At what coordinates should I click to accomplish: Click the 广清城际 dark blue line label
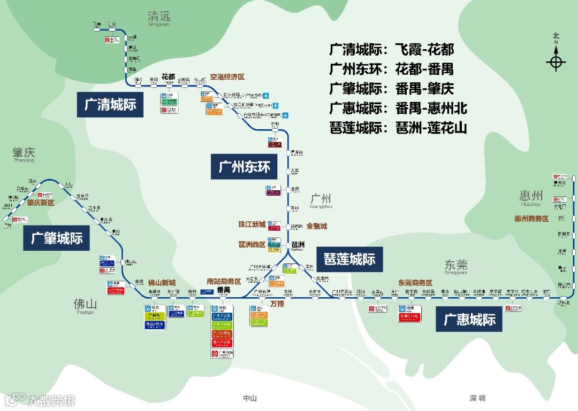[110, 104]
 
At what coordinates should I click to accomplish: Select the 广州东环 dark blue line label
[244, 167]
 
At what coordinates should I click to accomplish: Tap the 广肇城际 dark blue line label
[57, 238]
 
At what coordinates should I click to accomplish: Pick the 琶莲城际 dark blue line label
[349, 259]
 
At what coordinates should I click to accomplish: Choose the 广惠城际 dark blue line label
[469, 320]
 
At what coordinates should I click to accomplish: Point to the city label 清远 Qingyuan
[158, 19]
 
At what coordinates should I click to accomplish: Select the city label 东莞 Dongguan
[455, 266]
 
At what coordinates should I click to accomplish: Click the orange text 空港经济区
[227, 77]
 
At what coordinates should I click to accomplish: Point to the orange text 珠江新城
[252, 224]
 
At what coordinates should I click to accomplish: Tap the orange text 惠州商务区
[531, 219]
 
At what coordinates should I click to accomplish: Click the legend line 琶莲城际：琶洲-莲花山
[398, 128]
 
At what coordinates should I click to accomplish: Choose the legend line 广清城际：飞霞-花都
[392, 50]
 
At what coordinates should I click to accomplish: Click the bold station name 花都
[168, 76]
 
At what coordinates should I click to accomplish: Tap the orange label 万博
[277, 304]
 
